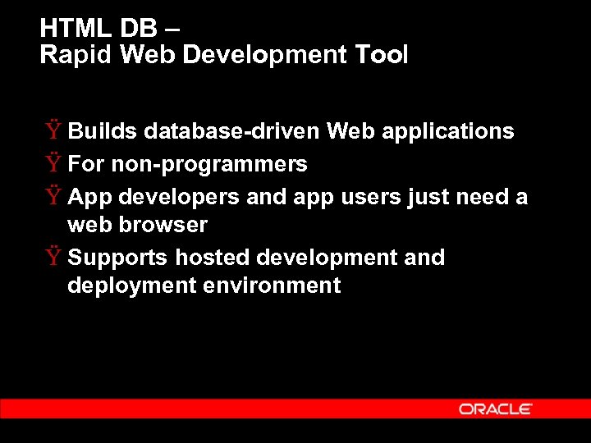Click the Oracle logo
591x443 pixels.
click(496, 409)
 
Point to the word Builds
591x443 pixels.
click(103, 131)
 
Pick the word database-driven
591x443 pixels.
click(232, 131)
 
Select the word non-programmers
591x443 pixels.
click(209, 164)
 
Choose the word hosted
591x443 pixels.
click(213, 258)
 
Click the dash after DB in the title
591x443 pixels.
click(170, 30)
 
